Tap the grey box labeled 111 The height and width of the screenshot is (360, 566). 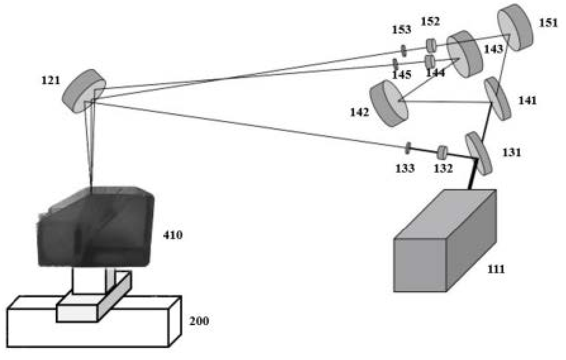point(444,244)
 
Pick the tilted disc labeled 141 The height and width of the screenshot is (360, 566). point(497,98)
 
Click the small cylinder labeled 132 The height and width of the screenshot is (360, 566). point(443,152)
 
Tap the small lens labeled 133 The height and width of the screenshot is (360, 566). point(408,148)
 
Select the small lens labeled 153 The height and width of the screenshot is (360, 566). point(403,49)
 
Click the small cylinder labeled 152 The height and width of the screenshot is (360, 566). point(431,45)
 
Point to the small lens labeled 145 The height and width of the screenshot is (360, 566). point(395,64)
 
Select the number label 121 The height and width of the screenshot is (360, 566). point(50,80)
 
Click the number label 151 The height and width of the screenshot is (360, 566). point(548,23)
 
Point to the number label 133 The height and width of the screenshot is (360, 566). point(405,168)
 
